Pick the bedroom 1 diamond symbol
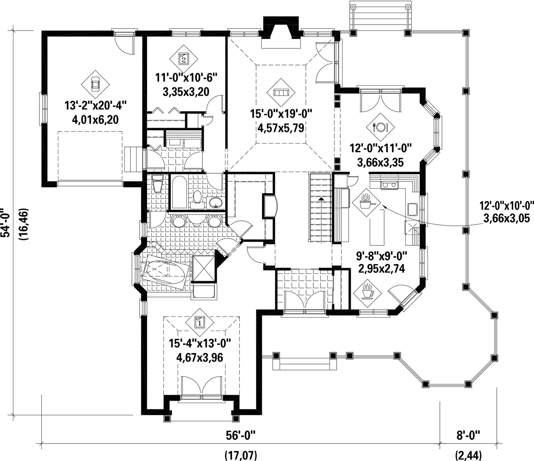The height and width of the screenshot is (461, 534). pyautogui.click(x=200, y=322)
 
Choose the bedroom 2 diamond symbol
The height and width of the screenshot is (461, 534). pyautogui.click(x=184, y=59)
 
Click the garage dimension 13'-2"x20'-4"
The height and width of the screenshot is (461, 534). pyautogui.click(x=96, y=105)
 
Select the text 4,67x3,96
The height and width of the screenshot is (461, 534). pyautogui.click(x=200, y=358)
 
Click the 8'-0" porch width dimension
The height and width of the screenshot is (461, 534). pyautogui.click(x=468, y=435)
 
